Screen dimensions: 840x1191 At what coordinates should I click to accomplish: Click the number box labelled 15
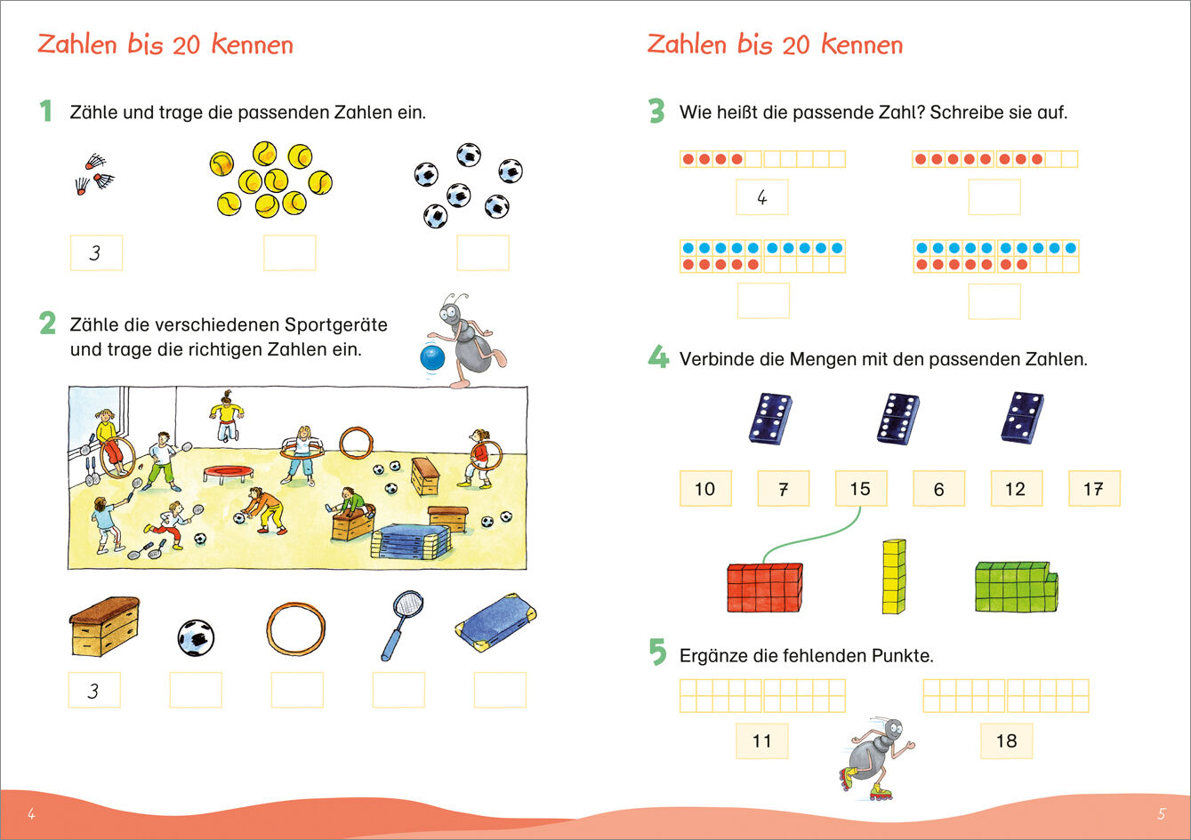click(860, 489)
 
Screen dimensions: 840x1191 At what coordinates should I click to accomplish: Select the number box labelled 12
click(1016, 489)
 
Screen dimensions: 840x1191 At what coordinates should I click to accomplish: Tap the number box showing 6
click(938, 489)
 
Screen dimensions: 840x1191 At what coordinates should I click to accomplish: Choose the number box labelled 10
click(704, 489)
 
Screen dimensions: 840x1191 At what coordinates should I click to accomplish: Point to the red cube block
click(764, 588)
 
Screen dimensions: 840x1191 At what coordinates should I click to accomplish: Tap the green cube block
click(1016, 587)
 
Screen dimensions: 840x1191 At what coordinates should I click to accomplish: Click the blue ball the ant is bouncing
click(432, 358)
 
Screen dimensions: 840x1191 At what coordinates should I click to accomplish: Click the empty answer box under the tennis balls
click(289, 253)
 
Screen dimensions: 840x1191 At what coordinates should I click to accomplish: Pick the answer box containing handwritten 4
click(761, 197)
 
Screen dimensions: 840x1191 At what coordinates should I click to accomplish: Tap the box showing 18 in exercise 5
click(1006, 741)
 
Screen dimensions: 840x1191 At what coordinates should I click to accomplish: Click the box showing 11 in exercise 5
click(761, 741)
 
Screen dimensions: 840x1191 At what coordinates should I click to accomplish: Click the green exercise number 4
click(658, 358)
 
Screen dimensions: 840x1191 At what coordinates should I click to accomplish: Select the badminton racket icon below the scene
click(401, 624)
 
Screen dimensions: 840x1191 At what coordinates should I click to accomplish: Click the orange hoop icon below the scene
click(297, 628)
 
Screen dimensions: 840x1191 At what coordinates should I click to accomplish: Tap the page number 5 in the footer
click(1161, 814)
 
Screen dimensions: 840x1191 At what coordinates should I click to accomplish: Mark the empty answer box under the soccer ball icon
click(196, 691)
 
